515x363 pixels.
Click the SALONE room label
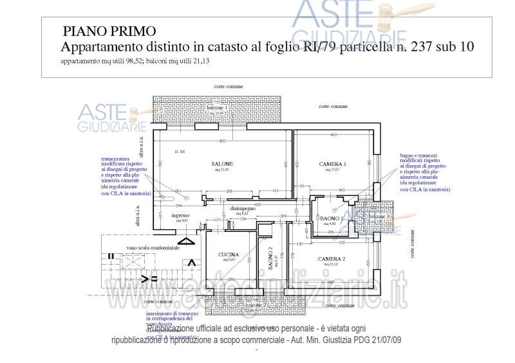223,164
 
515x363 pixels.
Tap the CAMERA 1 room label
333,164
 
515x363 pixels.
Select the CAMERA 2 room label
332,259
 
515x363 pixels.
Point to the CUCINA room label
229,255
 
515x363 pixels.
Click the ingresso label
180,216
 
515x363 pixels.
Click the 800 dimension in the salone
222,141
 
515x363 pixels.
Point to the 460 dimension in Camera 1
333,135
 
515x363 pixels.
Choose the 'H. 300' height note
180,152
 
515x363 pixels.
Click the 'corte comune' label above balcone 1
229,85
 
